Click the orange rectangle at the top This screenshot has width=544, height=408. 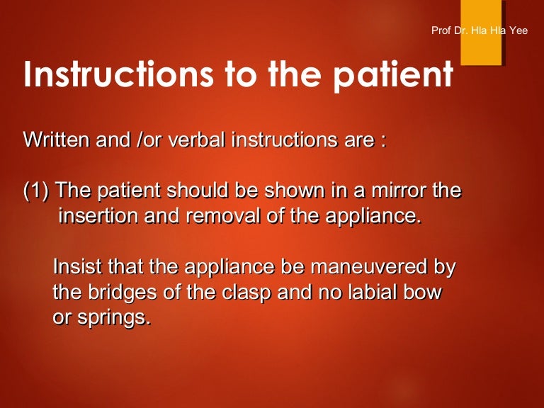pyautogui.click(x=481, y=33)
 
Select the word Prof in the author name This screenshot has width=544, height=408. pyautogui.click(x=440, y=30)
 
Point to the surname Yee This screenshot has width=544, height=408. pyautogui.click(x=518, y=30)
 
